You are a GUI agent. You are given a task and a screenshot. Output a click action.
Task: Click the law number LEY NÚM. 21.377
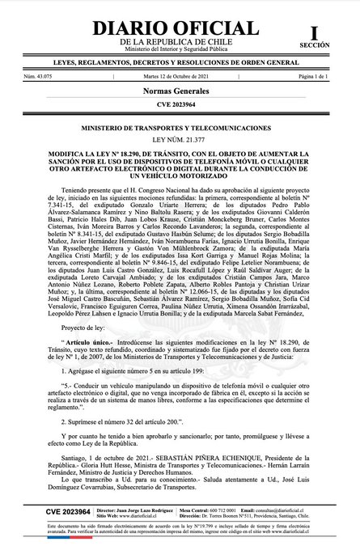pyautogui.click(x=180, y=140)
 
